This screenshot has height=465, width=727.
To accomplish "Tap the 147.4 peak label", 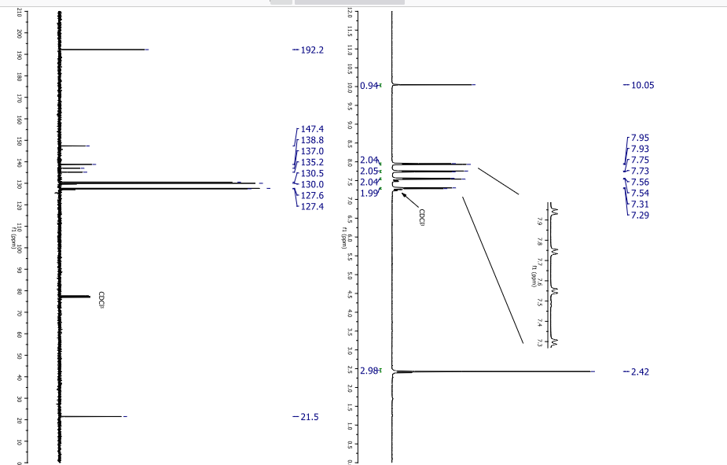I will tap(313, 129).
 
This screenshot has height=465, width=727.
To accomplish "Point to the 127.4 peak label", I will tap(313, 207).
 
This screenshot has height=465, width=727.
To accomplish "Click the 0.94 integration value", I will tap(368, 85).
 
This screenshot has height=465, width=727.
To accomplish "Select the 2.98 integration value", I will tap(368, 371).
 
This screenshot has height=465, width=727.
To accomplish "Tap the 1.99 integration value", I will tap(368, 194).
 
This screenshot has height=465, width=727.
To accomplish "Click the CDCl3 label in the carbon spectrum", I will tap(101, 300).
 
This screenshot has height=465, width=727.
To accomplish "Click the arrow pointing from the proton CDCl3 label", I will tap(409, 199).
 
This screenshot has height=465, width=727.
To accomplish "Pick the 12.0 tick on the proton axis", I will tap(350, 13).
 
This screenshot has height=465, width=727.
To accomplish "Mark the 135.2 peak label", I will tap(313, 162).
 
